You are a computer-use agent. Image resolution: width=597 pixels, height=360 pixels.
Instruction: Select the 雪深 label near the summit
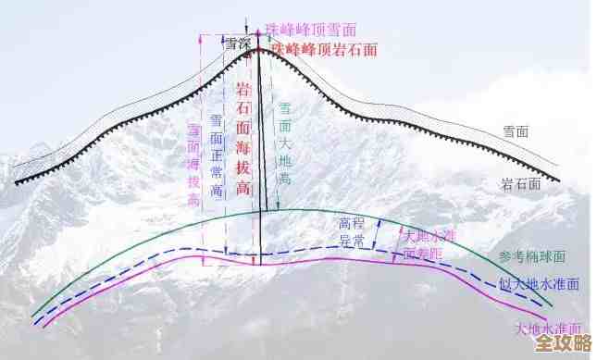tap(239, 43)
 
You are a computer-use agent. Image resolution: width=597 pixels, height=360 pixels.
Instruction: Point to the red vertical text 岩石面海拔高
tap(243, 139)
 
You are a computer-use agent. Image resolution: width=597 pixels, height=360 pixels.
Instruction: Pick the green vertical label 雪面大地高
tap(286, 143)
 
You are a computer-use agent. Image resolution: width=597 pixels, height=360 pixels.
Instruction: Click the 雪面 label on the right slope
tap(515, 131)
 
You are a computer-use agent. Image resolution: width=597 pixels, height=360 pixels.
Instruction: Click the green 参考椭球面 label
tap(531, 255)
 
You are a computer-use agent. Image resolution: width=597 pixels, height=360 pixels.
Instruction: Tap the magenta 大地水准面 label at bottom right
tap(548, 328)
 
